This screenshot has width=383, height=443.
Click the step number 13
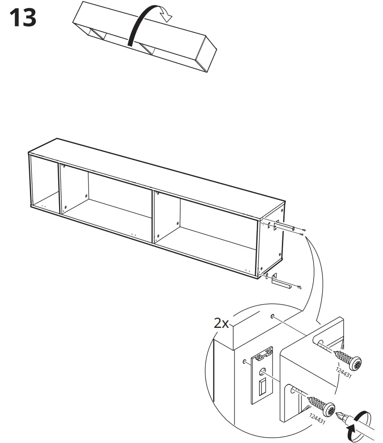click(x=22, y=19)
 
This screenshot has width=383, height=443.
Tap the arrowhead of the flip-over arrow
click(x=166, y=17)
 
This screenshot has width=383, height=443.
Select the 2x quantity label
click(x=221, y=323)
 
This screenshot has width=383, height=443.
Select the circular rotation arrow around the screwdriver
click(x=360, y=423)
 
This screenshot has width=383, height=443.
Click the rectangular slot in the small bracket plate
click(x=263, y=384)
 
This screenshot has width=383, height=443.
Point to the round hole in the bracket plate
click(x=262, y=371)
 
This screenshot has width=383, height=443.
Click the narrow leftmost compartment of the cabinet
click(x=44, y=184)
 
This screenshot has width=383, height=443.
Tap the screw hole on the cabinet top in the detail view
click(x=272, y=317)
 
